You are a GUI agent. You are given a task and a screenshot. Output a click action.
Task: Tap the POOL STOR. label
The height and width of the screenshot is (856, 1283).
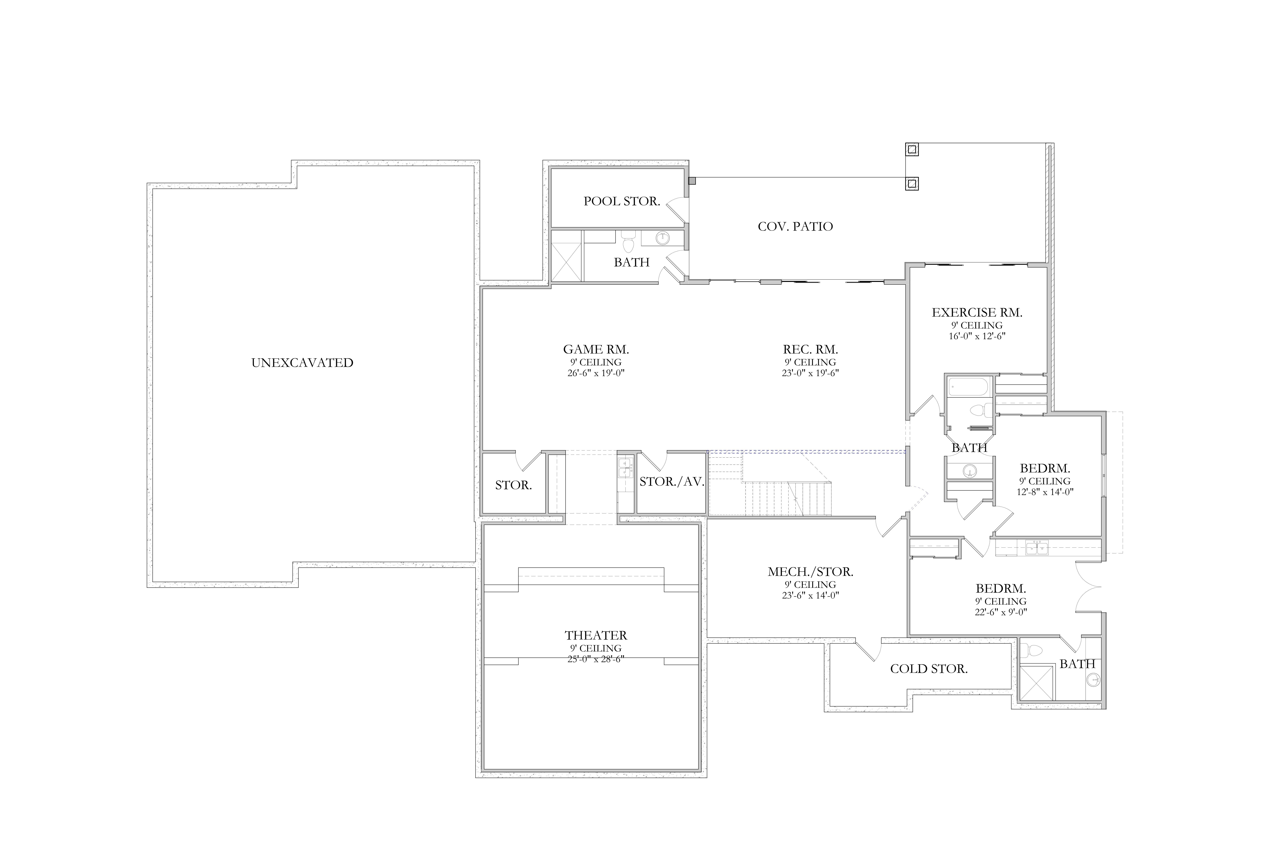point(622,202)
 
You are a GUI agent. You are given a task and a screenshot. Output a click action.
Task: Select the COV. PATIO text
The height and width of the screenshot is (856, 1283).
point(795,226)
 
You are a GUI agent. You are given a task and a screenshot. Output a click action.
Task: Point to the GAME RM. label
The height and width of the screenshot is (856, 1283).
point(596,349)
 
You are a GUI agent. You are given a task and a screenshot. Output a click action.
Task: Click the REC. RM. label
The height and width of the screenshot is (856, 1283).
point(810,349)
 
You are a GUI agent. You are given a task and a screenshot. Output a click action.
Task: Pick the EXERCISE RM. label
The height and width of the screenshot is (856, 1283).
point(977,313)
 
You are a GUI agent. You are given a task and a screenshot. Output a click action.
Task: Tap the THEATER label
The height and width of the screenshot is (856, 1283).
point(596,635)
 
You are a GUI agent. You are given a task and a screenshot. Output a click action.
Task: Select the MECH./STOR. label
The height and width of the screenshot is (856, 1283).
point(810,572)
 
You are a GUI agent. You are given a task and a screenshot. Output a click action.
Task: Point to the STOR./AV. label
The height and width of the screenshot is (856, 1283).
point(672,481)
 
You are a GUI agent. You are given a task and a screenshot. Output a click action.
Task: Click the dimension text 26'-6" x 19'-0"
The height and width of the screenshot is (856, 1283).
point(596,373)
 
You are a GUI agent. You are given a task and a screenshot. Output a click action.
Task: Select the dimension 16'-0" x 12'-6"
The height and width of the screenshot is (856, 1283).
point(977,336)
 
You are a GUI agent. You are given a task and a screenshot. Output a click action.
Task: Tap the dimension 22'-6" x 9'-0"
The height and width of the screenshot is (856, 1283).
point(1001,612)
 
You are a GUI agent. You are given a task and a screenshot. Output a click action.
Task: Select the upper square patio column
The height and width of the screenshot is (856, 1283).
point(911,149)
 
